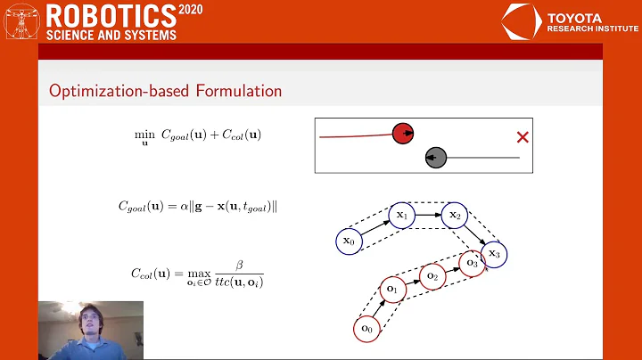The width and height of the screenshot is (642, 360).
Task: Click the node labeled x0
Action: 349,240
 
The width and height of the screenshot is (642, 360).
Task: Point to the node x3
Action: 495,254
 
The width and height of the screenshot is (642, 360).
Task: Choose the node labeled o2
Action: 433,276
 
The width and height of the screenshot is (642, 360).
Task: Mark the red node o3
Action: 472,264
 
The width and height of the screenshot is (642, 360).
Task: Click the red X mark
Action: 523,137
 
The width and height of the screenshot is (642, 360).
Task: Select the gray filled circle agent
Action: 435,158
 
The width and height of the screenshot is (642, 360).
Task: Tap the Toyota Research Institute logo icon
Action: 519,22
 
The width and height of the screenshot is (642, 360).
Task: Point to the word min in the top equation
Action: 143,132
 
